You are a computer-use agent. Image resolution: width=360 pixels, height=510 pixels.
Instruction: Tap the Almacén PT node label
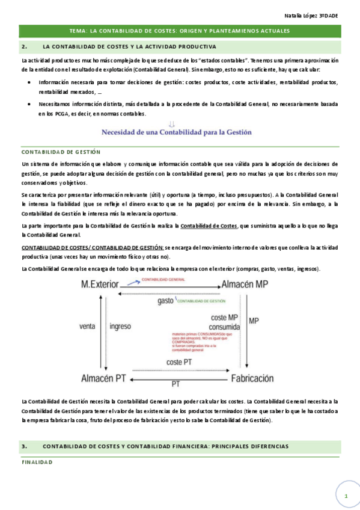point(103,378)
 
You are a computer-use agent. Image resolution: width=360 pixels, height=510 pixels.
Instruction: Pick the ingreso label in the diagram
point(121,327)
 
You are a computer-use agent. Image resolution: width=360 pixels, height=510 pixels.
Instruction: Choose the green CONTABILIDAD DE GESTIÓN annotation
point(201,301)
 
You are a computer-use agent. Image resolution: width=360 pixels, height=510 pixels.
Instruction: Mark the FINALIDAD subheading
point(37,462)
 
